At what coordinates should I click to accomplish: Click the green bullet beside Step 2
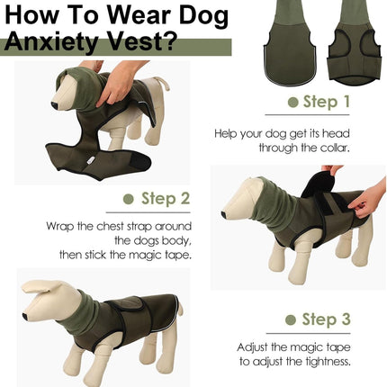[x=130, y=199]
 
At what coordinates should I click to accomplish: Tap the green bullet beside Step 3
[x=291, y=319]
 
